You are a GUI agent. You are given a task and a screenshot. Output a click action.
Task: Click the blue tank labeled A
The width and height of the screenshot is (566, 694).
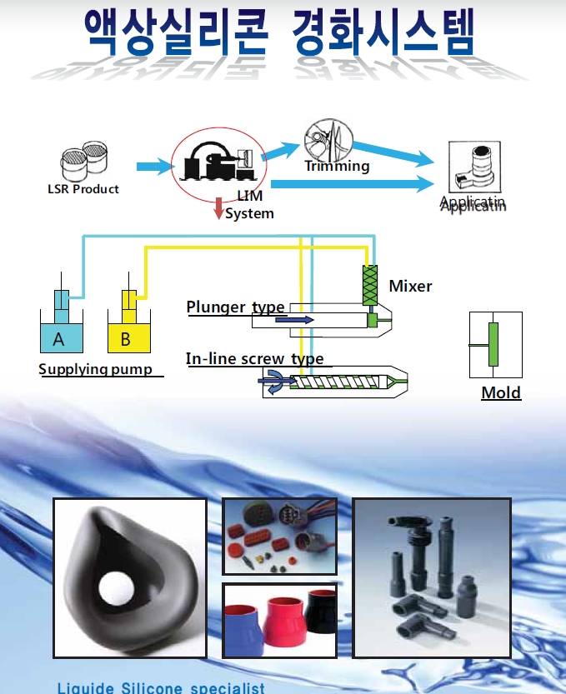(x=58, y=338)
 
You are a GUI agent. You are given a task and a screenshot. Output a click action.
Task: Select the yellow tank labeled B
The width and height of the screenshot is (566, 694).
(x=127, y=338)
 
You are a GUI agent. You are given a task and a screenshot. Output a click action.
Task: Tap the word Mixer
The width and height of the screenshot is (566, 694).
(x=410, y=286)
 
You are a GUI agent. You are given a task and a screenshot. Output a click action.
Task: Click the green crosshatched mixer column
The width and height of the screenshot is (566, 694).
(x=370, y=283)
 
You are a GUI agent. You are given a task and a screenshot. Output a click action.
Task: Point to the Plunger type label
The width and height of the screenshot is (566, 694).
(x=235, y=307)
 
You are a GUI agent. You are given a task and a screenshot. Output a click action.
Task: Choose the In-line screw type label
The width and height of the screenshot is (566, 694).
(x=254, y=359)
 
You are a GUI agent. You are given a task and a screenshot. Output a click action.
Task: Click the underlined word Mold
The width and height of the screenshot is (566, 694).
(x=501, y=392)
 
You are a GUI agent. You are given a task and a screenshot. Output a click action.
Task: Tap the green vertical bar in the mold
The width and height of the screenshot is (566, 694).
(x=493, y=343)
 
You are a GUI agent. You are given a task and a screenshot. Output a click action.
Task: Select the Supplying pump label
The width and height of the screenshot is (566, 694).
(x=96, y=368)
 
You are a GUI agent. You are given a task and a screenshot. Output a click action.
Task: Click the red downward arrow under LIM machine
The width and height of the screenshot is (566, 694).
(x=218, y=208)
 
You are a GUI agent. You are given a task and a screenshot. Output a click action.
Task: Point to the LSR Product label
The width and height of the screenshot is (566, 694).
(x=83, y=189)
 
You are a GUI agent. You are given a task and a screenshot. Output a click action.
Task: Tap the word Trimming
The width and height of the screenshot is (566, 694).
(x=337, y=166)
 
